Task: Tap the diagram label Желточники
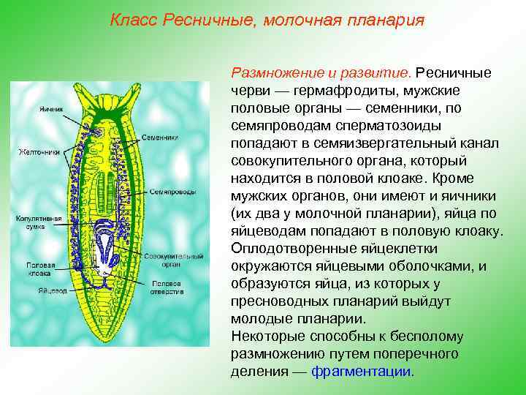click(x=32, y=152)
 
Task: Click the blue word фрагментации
click(x=362, y=371)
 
